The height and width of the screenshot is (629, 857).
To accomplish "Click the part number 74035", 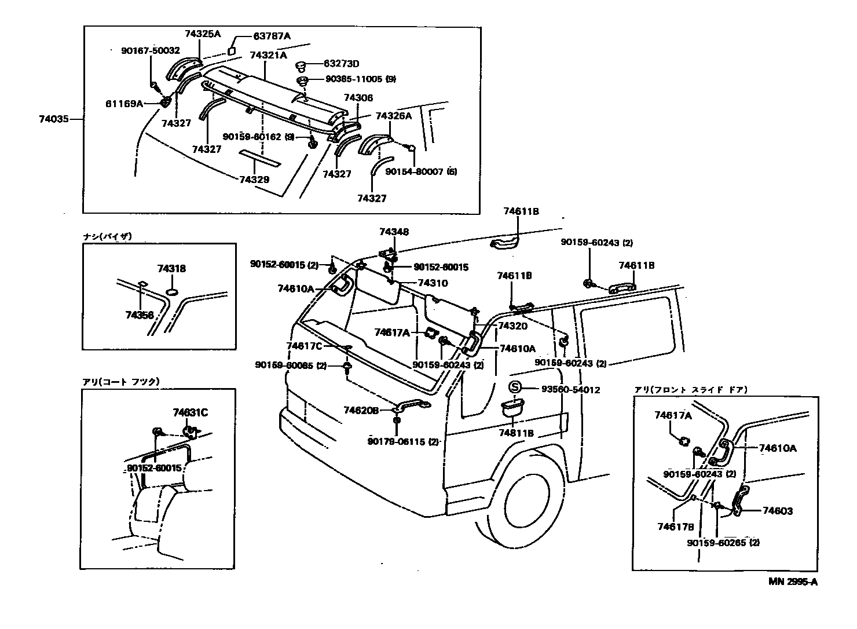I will (54, 119).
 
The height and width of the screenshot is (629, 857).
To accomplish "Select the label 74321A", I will (268, 56).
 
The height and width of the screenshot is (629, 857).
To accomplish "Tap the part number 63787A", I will (272, 36).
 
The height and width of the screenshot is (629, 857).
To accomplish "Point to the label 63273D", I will (341, 63).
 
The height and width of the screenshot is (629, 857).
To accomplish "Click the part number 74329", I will (254, 180).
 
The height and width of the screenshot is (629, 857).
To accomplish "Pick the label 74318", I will (171, 269).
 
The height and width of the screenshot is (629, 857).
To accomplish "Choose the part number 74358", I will (140, 315).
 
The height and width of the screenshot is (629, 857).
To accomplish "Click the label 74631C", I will (190, 412).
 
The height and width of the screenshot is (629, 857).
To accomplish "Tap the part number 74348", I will (394, 232).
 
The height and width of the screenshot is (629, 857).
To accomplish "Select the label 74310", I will (433, 283).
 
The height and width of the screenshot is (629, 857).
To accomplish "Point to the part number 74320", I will (512, 326).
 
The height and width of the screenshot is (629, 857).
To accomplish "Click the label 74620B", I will (361, 410).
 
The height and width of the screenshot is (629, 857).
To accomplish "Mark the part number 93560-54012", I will (570, 390).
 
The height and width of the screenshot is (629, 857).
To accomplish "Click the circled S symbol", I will (515, 388).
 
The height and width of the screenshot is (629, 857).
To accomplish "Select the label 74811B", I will (516, 433).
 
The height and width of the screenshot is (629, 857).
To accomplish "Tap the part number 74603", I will (777, 511).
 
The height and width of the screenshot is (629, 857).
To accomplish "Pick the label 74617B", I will (675, 526).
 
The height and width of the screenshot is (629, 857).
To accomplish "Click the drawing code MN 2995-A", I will (793, 582).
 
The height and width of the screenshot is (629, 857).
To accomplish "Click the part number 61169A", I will (124, 104).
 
